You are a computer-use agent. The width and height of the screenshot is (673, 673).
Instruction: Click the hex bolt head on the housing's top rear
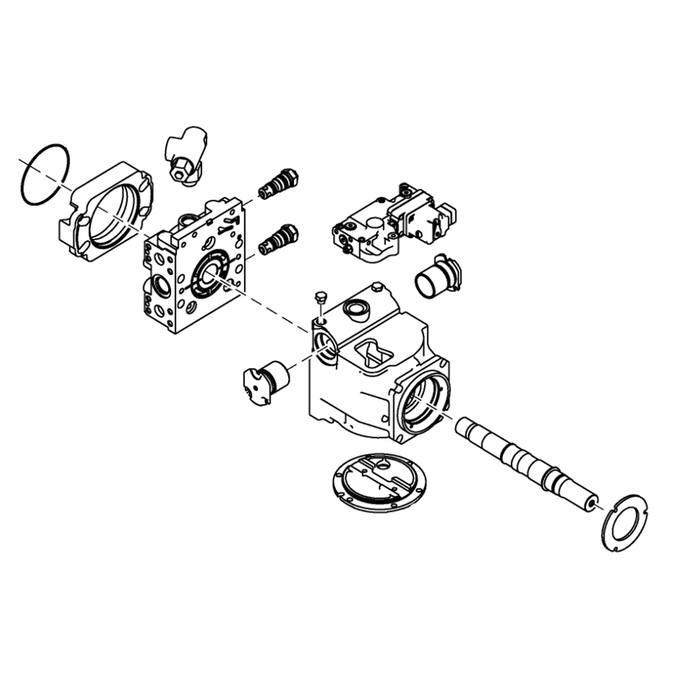[377, 287]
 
